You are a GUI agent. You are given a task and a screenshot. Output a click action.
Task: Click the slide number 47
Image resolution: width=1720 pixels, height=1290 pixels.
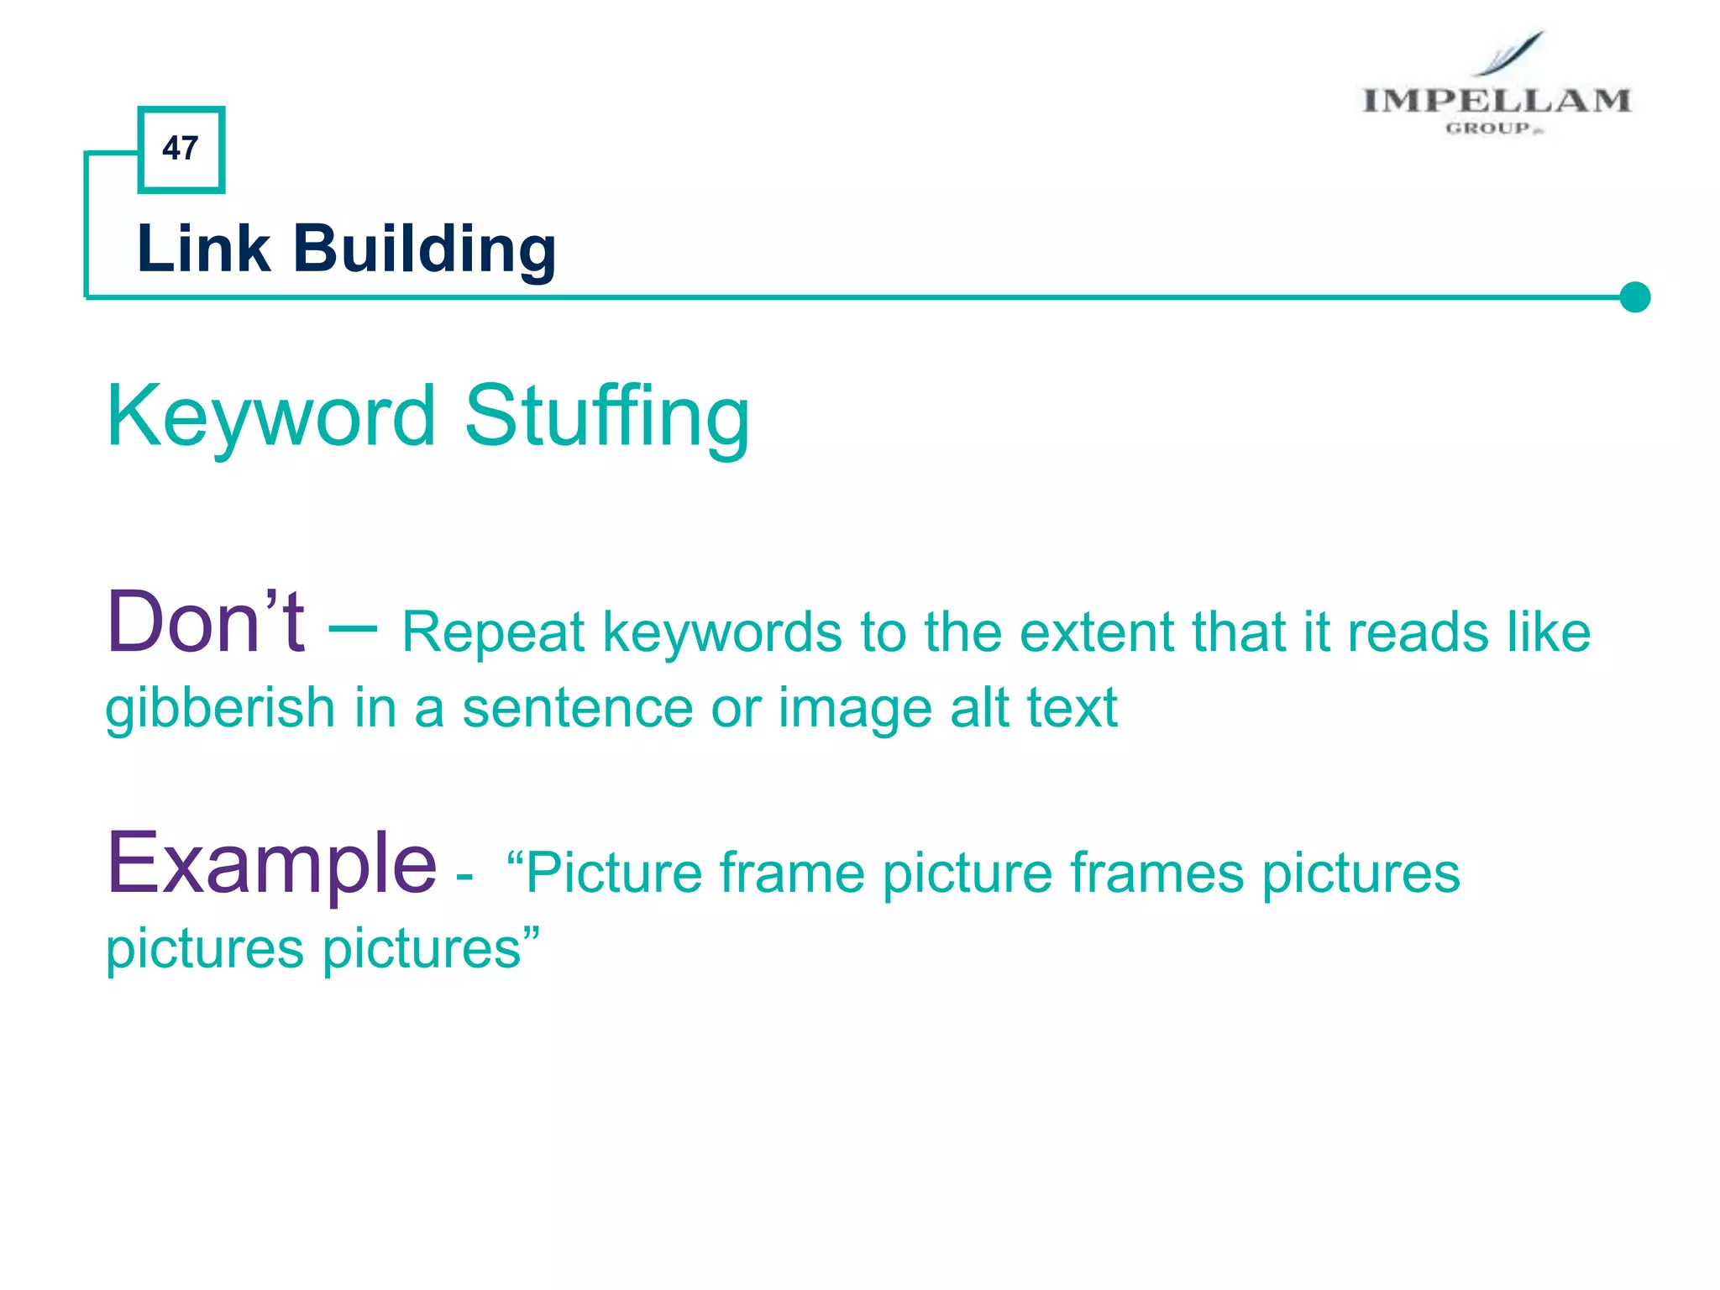pyautogui.click(x=181, y=149)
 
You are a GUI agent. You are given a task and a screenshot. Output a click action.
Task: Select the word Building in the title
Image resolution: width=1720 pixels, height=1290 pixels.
pyautogui.click(x=424, y=250)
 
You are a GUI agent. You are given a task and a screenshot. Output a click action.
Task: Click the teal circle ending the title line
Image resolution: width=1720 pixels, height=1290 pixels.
pyautogui.click(x=1634, y=297)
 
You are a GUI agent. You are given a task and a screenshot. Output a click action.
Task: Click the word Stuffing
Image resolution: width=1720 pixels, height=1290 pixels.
pyautogui.click(x=606, y=417)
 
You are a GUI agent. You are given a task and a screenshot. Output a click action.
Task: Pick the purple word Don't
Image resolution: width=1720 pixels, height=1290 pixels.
pyautogui.click(x=206, y=622)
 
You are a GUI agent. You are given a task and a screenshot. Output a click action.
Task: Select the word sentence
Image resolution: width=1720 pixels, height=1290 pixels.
pyautogui.click(x=577, y=709)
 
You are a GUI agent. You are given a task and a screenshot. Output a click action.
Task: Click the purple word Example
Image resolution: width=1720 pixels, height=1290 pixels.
pyautogui.click(x=271, y=863)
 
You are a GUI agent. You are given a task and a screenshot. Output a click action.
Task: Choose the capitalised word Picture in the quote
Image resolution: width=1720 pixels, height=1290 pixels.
pyautogui.click(x=613, y=873)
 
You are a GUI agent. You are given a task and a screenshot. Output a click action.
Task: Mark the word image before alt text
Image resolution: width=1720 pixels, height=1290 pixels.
pyautogui.click(x=855, y=709)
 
